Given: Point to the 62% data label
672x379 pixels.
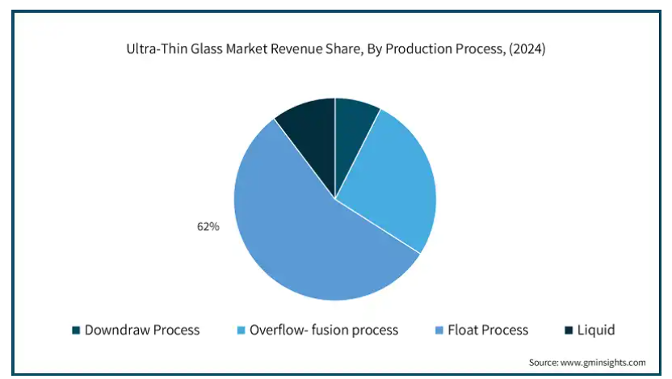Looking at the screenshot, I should point(208,227).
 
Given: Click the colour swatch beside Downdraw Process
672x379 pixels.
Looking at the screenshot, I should point(76,330).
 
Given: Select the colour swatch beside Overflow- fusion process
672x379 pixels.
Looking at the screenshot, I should point(241,330).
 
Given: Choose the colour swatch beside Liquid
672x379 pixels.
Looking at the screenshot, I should point(569,330).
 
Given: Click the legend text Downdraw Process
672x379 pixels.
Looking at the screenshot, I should point(141,330).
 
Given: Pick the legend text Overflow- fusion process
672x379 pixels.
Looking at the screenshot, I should point(324,330).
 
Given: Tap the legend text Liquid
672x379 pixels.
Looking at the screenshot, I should point(597,330).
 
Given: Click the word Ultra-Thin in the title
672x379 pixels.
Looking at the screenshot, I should point(155,49).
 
